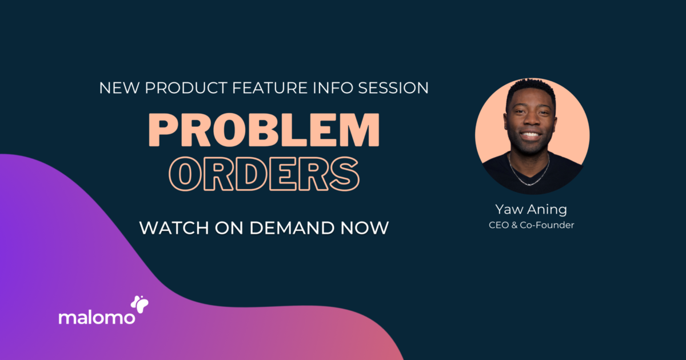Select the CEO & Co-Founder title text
pyautogui.click(x=531, y=225)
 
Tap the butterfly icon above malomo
pyautogui.click(x=139, y=303)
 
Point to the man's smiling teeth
pyautogui.click(x=531, y=136)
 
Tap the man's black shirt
pyautogui.click(x=557, y=171)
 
